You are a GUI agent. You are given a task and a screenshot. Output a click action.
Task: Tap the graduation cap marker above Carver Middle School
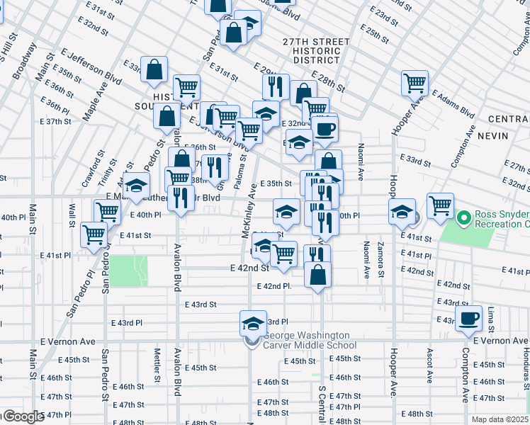click(252, 323)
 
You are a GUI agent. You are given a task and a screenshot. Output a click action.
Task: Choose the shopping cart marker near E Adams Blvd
click(415, 82)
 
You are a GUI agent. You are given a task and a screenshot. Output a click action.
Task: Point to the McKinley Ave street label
click(248, 220)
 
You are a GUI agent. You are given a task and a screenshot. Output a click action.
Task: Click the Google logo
click(23, 416)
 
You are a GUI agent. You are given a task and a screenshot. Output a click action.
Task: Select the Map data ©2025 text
click(500, 419)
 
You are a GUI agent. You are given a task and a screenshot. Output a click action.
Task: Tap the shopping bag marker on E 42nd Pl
click(318, 275)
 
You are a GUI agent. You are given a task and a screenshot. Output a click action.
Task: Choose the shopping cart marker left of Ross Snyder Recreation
click(440, 205)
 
